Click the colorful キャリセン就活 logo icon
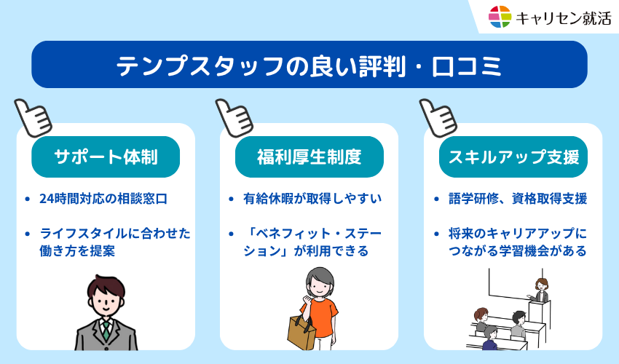coord(500,16)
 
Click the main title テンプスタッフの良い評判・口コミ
coord(309,65)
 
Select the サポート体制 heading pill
coord(106,157)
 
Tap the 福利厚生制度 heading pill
coord(309,157)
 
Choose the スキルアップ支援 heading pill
coord(513,157)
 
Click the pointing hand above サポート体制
coord(33,116)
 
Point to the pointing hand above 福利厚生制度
coord(234,116)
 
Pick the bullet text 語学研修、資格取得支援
coord(518,198)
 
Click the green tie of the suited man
coord(106,331)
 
